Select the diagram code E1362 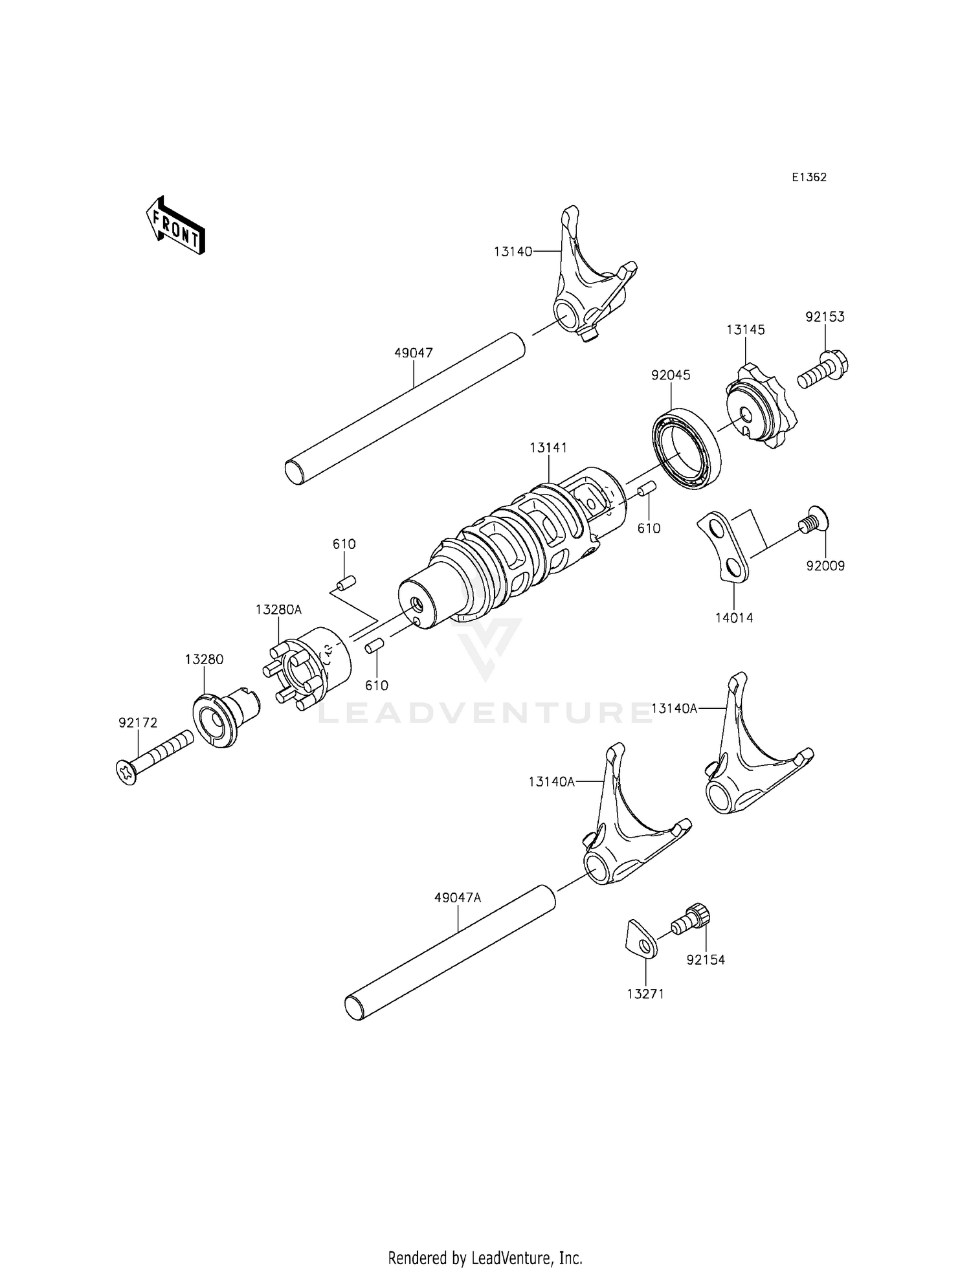point(809,177)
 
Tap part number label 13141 point(548,447)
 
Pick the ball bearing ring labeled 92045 point(686,448)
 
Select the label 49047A point(458,898)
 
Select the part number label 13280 point(204,659)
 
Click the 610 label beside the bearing point(649,528)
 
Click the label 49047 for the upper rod point(414,353)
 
